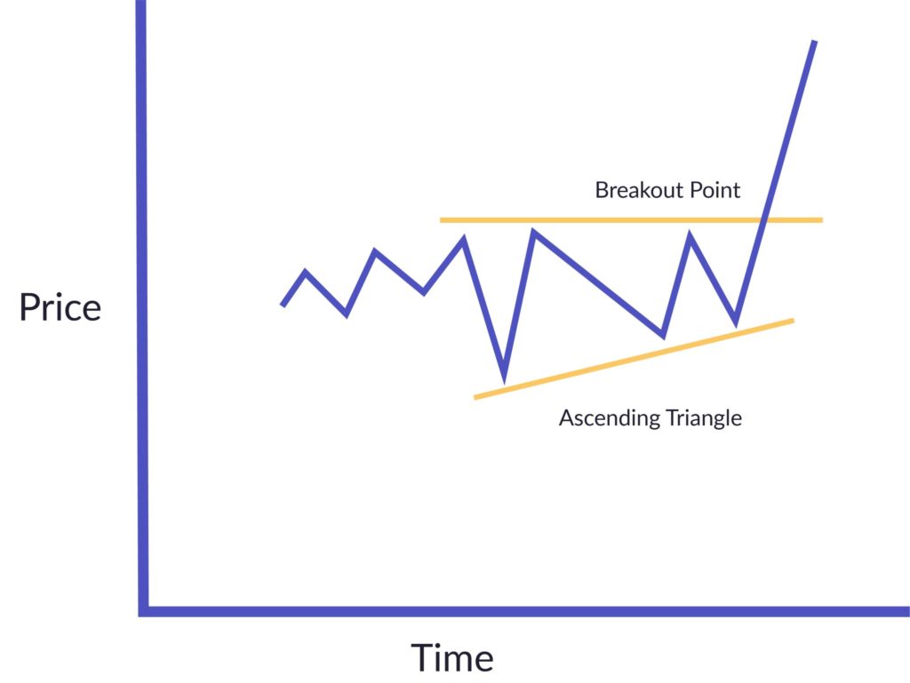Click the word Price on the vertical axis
coord(60,307)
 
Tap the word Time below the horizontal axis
coord(451,658)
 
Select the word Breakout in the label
coord(632,189)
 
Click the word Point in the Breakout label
coord(708,189)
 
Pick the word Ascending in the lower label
coord(602,417)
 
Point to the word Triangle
coord(697,417)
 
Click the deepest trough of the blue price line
coord(504,377)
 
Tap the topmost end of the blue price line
coord(814,42)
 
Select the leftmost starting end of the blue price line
coord(283,306)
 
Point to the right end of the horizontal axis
coord(906,610)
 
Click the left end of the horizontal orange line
coord(442,219)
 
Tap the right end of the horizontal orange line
coord(821,219)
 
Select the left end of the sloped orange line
coord(475,397)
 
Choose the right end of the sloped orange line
coord(793,320)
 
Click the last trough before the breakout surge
coord(736,322)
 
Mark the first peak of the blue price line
coord(306,272)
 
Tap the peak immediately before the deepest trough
coord(463,238)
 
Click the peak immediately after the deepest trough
coord(533,233)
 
